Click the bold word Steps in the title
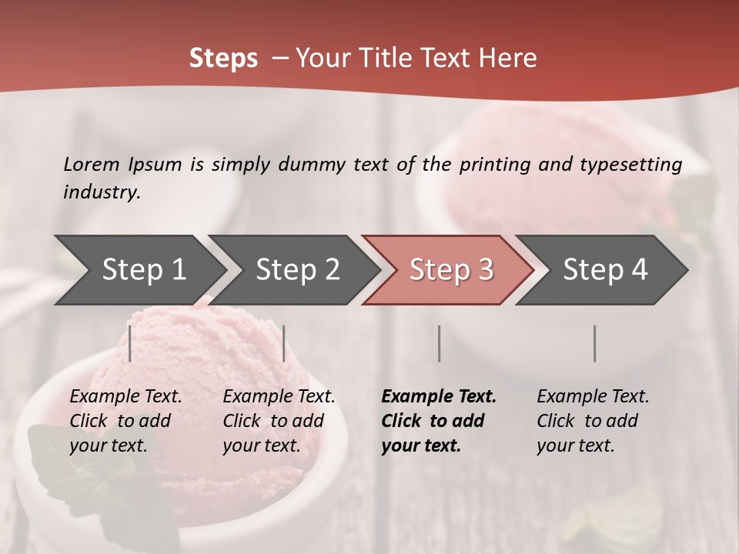tap(223, 58)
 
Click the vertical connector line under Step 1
tap(130, 343)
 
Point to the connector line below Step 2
tap(284, 343)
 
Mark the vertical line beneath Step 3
tap(439, 343)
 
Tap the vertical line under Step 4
tap(594, 343)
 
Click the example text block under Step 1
tap(125, 421)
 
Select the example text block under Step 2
tap(279, 421)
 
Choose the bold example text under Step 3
tap(438, 421)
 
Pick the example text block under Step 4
tap(593, 421)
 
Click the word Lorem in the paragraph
tap(92, 165)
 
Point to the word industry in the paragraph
tap(102, 192)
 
